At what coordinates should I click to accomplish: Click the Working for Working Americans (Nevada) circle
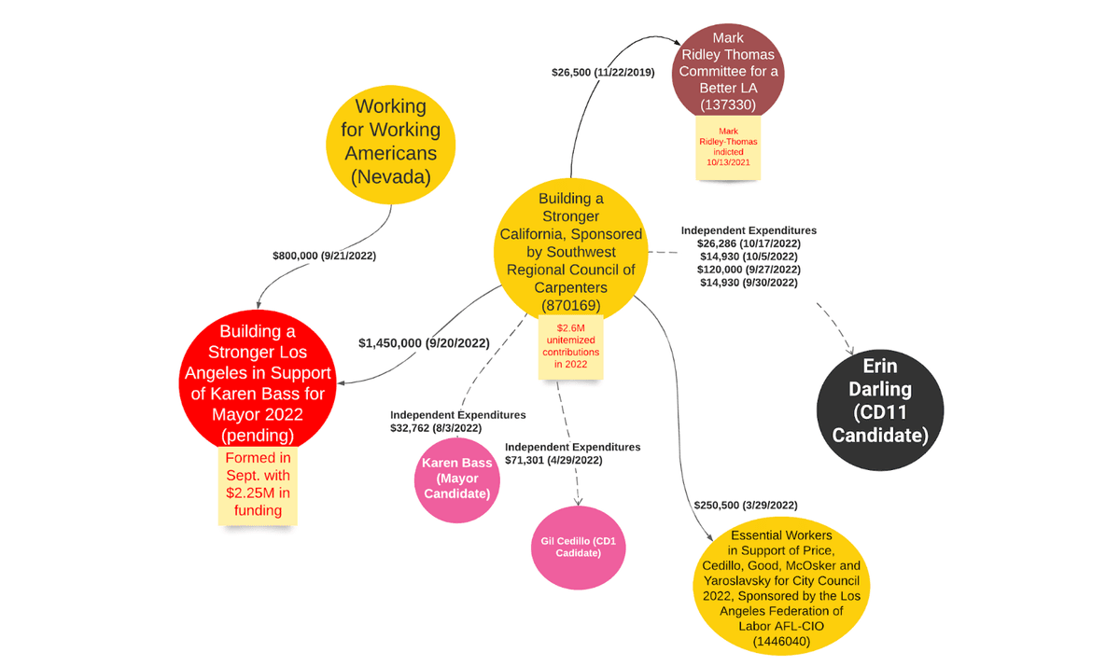point(390,145)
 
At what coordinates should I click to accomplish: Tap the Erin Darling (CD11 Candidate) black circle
point(880,409)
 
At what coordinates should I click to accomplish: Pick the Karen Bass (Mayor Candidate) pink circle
point(457,480)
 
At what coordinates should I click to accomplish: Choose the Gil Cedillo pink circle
point(578,548)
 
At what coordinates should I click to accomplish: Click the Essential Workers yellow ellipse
point(781,586)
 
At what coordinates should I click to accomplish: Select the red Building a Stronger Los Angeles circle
point(258,382)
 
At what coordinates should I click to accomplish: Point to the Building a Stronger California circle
point(570,251)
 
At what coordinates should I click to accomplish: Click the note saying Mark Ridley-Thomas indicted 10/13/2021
point(728,146)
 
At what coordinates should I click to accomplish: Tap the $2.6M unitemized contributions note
point(570,346)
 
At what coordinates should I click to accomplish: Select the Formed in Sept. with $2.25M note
point(258,485)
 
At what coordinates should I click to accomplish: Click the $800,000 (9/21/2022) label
point(324,256)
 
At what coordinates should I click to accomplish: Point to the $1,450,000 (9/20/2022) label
point(424,343)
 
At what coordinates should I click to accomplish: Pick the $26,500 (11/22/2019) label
point(603,73)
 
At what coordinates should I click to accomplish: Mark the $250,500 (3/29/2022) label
point(746,506)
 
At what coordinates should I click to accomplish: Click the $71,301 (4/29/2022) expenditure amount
point(553,460)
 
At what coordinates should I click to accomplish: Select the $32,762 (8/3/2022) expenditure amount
point(436,428)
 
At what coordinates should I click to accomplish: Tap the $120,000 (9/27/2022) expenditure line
point(749,270)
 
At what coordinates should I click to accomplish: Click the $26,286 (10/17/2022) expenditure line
point(749,243)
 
